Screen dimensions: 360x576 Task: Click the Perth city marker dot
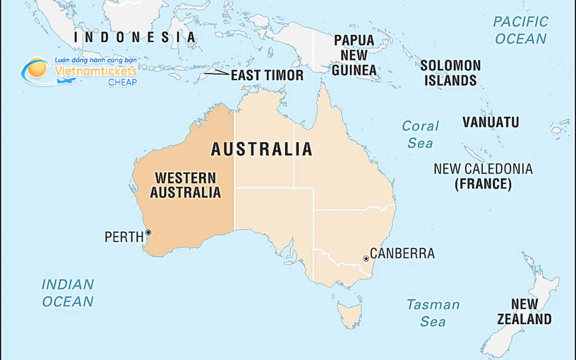[148, 232]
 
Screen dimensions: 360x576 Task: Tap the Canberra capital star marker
[366, 259]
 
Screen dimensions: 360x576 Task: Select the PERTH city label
[124, 237]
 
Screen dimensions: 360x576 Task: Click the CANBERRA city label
[402, 253]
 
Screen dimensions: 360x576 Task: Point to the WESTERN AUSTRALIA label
[185, 185]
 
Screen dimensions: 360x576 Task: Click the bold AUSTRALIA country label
[262, 149]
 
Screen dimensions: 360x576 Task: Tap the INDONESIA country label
[135, 37]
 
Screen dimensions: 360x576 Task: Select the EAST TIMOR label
[267, 75]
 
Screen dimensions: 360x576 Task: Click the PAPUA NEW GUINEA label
[354, 55]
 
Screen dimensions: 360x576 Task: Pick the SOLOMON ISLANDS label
[450, 73]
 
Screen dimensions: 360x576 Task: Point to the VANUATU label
[491, 122]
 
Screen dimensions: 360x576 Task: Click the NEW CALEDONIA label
[483, 169]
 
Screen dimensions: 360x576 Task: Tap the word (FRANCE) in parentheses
[483, 184]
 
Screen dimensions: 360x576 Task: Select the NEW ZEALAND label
[524, 312]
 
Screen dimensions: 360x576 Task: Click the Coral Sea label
[420, 134]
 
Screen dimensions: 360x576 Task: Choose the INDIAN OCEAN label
[67, 293]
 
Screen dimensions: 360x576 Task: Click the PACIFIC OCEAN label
[521, 30]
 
